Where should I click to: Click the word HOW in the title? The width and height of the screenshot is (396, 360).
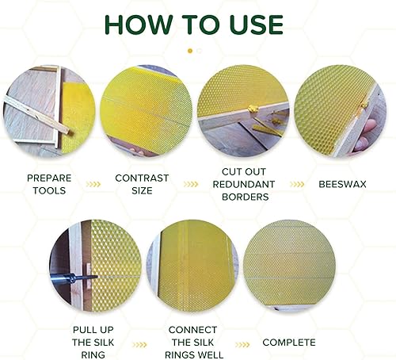[139, 25]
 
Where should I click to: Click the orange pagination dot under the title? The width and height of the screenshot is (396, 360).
[190, 51]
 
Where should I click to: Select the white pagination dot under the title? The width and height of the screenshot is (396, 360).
[200, 51]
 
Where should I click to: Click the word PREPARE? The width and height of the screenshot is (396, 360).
[49, 178]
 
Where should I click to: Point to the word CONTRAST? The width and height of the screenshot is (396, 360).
[142, 178]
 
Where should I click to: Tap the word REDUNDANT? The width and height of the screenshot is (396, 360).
[244, 184]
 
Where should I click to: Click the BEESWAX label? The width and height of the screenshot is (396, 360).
[342, 184]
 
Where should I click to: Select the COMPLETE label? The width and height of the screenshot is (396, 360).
[289, 343]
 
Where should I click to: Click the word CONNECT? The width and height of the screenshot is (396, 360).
[192, 330]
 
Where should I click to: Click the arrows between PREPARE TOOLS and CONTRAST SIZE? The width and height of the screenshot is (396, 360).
[93, 184]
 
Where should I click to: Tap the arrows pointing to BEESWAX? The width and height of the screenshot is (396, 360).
[297, 184]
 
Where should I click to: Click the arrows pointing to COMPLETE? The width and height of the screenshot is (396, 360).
[242, 345]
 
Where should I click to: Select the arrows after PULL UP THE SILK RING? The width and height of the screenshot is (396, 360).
[139, 345]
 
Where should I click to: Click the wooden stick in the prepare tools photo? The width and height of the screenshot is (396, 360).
[38, 115]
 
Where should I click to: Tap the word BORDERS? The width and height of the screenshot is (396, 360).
[246, 197]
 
